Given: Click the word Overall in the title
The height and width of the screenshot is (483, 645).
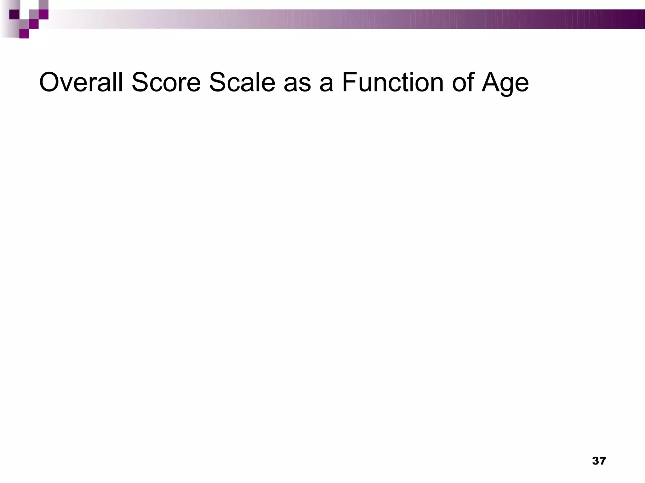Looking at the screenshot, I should click(x=81, y=82).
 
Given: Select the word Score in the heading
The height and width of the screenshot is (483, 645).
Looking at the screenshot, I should click(x=166, y=82).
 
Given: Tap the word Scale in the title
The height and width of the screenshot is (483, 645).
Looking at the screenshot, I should click(x=242, y=82).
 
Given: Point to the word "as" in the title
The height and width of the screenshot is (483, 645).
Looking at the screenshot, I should click(x=297, y=85).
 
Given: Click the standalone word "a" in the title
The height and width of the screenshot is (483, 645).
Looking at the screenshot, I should click(x=326, y=85).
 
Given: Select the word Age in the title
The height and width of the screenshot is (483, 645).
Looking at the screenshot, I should click(x=505, y=83).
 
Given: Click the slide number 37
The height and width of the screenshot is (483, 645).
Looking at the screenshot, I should click(x=599, y=461).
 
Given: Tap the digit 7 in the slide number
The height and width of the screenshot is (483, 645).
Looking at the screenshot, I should click(x=602, y=461).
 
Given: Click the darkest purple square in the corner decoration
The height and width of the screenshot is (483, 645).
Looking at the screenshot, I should click(x=14, y=14).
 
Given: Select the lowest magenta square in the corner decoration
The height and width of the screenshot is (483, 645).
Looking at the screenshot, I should click(x=24, y=34).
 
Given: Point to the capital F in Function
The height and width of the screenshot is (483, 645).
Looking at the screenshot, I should click(x=348, y=82).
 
